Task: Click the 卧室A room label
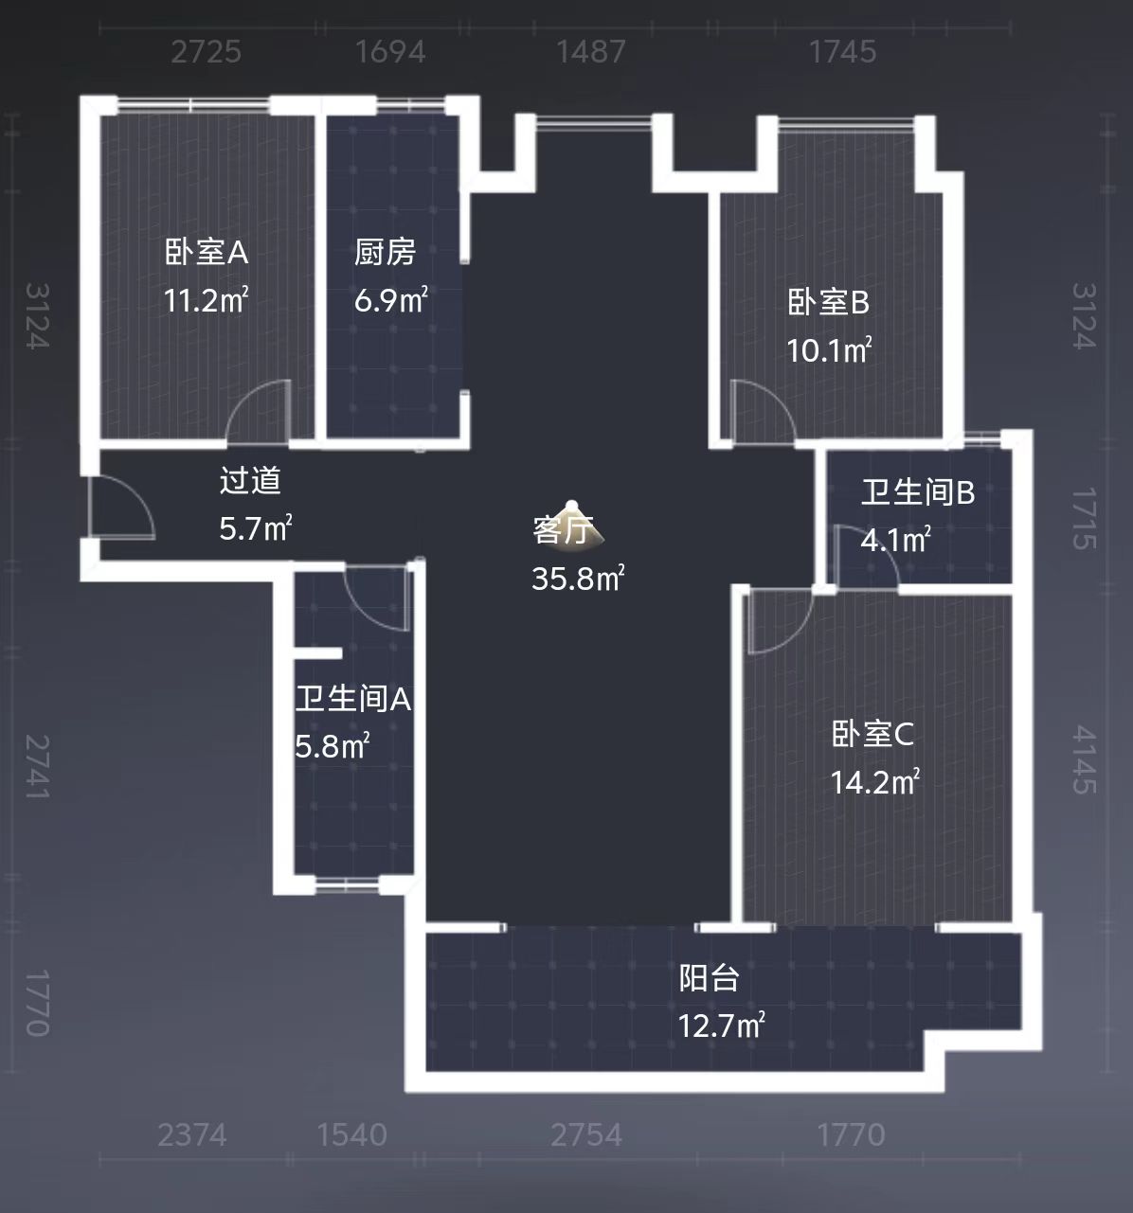(207, 253)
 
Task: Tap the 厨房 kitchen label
(385, 253)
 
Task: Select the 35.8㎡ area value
(577, 578)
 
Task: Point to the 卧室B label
(828, 303)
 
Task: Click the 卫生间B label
(917, 492)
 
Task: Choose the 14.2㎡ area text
(874, 782)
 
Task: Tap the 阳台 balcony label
(709, 978)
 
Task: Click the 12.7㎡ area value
(721, 1026)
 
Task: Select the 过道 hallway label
(250, 481)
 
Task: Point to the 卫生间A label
(352, 700)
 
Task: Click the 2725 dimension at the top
(207, 51)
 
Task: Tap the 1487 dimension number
(591, 51)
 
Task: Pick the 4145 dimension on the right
(1084, 760)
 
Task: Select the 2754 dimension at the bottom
(586, 1134)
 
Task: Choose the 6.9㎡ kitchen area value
(391, 301)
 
